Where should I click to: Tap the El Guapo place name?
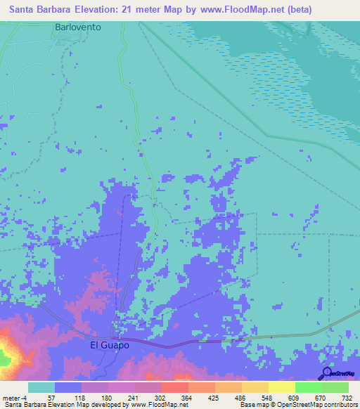point(109,346)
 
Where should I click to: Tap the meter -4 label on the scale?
point(15,397)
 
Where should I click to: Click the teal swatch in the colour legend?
point(41,387)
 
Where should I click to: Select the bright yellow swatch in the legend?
point(281,387)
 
